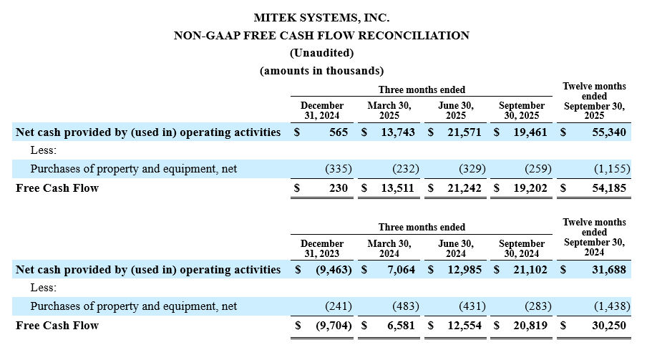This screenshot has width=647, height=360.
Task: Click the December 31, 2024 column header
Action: pos(322,110)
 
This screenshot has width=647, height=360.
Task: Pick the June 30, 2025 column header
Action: pos(456,110)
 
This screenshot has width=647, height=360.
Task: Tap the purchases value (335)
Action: pos(337,169)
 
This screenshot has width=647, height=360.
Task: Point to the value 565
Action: pos(339,132)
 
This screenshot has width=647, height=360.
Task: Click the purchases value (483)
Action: pos(404,306)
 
